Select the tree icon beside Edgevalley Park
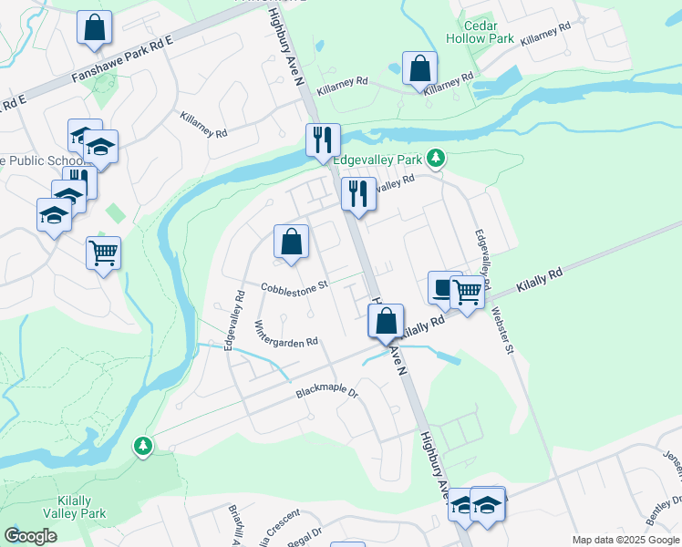(x=437, y=159)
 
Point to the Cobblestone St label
(x=294, y=288)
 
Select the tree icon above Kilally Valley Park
(x=142, y=445)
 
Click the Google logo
(x=30, y=535)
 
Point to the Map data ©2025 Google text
(x=625, y=540)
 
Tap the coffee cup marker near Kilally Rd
(x=444, y=287)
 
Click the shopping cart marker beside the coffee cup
(x=466, y=292)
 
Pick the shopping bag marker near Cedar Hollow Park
(x=419, y=68)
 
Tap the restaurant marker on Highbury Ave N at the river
(x=323, y=140)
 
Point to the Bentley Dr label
(x=662, y=511)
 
